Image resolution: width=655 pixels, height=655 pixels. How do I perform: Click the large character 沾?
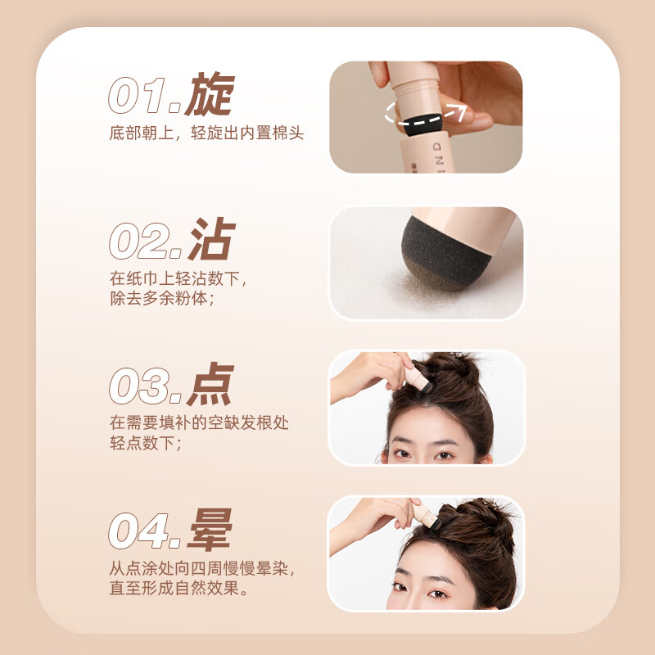click(x=210, y=240)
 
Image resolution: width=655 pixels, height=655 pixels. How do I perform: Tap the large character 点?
click(x=210, y=384)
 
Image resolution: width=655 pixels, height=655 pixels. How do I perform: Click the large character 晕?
click(x=210, y=530)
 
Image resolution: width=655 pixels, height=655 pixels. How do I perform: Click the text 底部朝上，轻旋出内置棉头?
click(x=206, y=133)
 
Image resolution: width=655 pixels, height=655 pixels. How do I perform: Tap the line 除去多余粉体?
click(x=161, y=299)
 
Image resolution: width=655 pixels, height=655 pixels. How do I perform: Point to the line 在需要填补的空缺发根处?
click(x=199, y=423)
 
